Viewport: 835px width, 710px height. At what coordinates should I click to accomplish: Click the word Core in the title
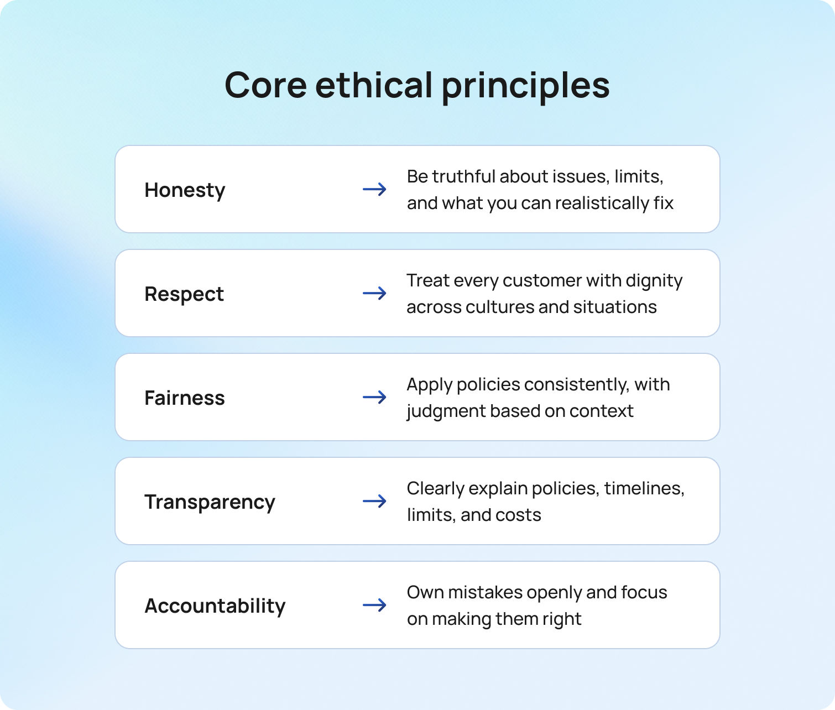click(x=265, y=86)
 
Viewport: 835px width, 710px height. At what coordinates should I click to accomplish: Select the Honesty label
click(x=185, y=190)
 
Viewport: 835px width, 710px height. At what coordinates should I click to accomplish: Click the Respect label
click(x=184, y=294)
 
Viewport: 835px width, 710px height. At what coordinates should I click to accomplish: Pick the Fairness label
click(x=185, y=398)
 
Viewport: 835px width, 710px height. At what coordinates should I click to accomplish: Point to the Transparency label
click(x=210, y=502)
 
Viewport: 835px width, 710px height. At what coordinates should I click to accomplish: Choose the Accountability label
click(x=215, y=605)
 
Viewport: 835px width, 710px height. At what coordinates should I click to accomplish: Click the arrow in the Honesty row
click(x=374, y=189)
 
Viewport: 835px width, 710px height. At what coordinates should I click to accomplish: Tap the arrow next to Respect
click(x=374, y=293)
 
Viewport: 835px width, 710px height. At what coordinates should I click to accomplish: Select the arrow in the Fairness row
click(x=374, y=397)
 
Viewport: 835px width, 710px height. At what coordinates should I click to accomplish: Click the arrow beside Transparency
click(x=374, y=501)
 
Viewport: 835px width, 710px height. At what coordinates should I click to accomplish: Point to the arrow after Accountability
click(x=374, y=605)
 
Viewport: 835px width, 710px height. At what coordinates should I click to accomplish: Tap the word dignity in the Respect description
click(x=654, y=281)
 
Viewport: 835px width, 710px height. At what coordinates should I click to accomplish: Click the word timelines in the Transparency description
click(x=644, y=488)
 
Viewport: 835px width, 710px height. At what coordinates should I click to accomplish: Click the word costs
click(x=518, y=515)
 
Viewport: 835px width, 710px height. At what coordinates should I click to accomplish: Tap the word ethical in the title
click(x=374, y=86)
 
